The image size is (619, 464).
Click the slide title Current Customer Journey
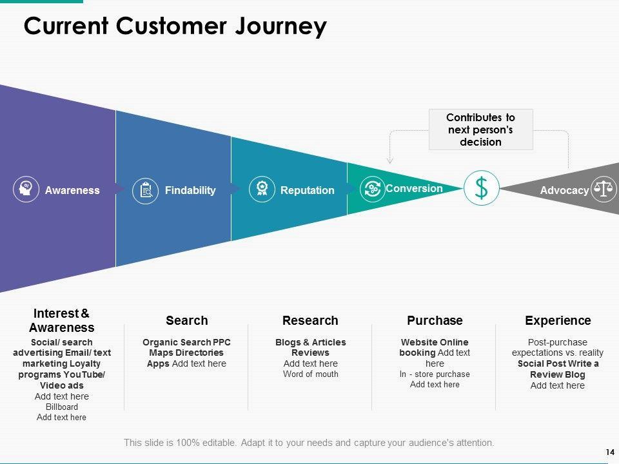tap(175, 26)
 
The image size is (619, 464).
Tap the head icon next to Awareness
tap(26, 189)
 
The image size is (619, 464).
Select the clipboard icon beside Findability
tap(145, 191)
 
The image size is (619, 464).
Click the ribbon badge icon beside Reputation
tap(262, 189)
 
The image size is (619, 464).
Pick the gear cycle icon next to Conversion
tap(372, 189)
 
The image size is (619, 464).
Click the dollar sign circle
tap(481, 188)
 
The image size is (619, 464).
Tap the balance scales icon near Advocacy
tap(604, 189)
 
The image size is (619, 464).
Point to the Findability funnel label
tap(190, 190)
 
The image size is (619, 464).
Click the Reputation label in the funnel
tap(308, 190)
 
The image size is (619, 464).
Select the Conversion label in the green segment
tap(414, 189)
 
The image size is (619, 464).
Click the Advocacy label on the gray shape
tap(565, 190)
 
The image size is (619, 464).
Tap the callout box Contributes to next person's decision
tap(481, 130)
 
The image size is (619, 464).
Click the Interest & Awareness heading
tap(62, 320)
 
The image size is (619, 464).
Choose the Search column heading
tap(187, 320)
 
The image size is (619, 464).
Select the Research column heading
tap(310, 320)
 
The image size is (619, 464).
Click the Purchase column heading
tap(435, 320)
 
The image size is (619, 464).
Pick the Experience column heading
tap(558, 320)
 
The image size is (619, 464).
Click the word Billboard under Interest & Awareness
tap(62, 407)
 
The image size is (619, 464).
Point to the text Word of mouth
tap(311, 374)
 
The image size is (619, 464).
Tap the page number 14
tap(610, 452)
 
